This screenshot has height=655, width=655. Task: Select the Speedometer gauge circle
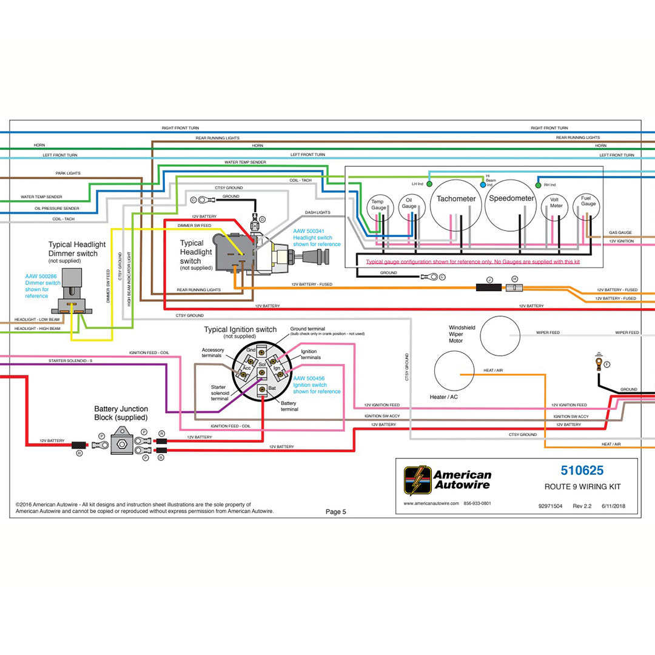click(x=511, y=204)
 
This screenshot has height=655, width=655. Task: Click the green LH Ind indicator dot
click(x=429, y=184)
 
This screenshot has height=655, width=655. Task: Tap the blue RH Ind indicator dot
click(x=537, y=184)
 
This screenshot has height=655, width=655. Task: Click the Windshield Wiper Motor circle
click(x=500, y=335)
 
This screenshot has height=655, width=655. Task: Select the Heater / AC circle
click(x=455, y=371)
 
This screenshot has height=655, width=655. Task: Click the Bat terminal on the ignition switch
click(x=262, y=388)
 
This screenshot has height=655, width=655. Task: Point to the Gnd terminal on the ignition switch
click(x=261, y=351)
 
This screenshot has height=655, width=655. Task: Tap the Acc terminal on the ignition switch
click(x=244, y=371)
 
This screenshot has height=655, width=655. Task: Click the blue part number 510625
click(x=582, y=470)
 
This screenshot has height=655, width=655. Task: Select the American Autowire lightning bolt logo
click(x=418, y=480)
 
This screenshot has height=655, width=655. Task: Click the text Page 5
click(x=335, y=512)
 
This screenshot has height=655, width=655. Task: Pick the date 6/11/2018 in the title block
click(x=613, y=506)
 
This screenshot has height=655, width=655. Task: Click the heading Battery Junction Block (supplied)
click(x=121, y=413)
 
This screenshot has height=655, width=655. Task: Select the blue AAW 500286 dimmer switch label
click(x=41, y=277)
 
